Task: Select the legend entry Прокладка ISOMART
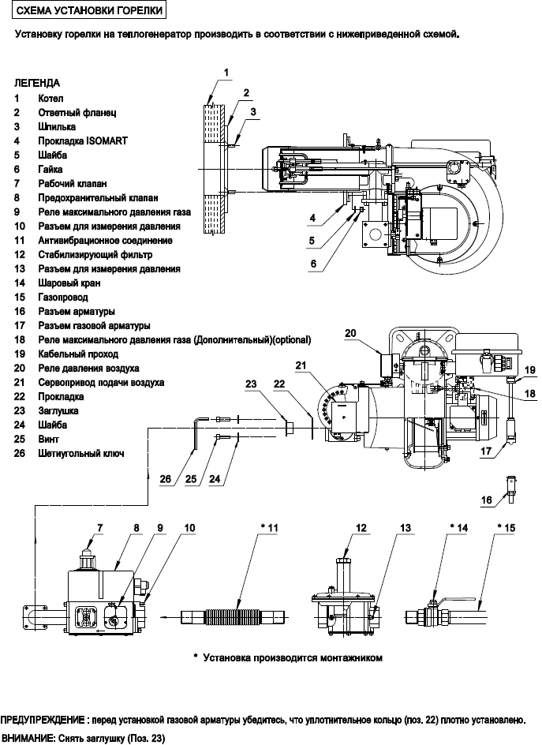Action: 82,140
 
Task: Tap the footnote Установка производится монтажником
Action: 292,657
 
